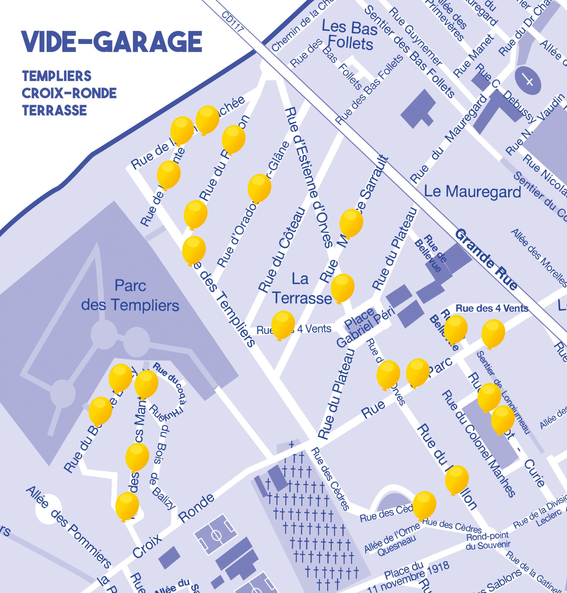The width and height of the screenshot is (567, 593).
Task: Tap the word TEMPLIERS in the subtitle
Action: [57, 76]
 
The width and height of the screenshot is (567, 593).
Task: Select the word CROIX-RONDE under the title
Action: [69, 93]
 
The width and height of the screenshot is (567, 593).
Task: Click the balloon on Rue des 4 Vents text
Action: [283, 325]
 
